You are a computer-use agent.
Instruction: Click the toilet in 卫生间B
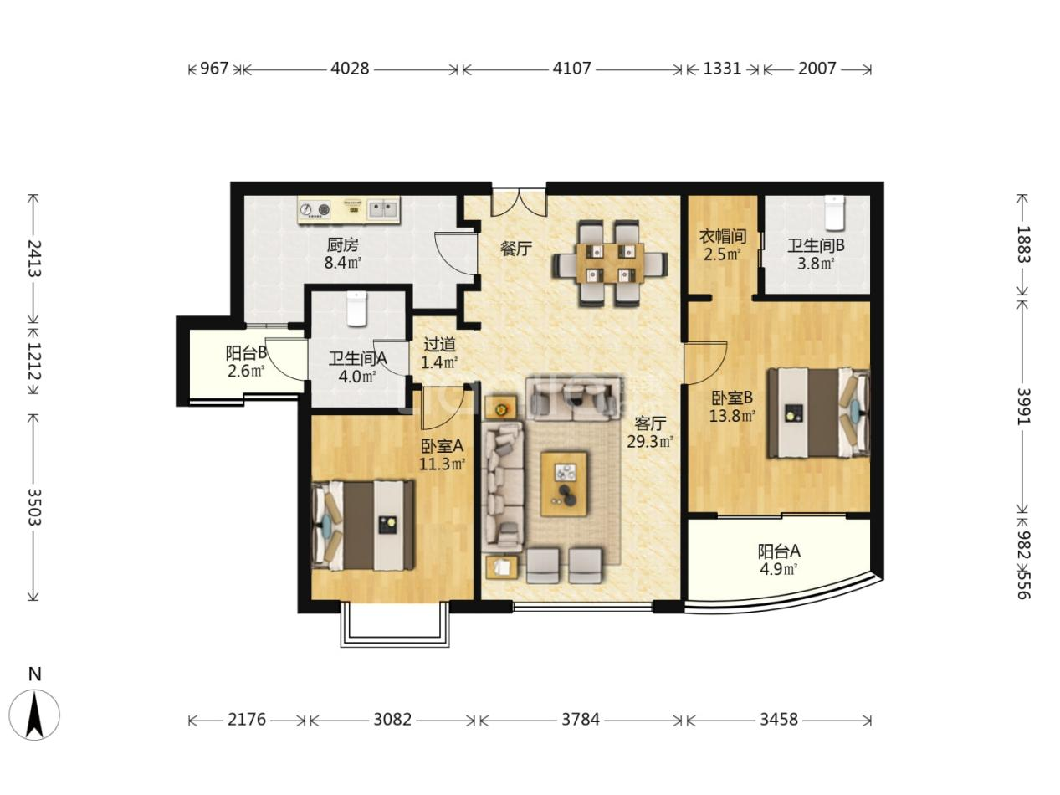coord(834,213)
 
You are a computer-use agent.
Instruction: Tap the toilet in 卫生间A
coord(356,308)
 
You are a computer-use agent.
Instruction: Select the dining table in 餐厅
coord(609,264)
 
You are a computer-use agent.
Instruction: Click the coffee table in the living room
coord(564,484)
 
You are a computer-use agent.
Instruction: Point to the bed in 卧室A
coord(363,525)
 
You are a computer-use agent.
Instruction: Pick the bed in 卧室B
coord(818,413)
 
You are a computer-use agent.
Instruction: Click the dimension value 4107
coord(571,69)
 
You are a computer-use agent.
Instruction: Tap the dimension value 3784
coord(581,733)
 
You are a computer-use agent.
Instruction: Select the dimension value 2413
coord(34,258)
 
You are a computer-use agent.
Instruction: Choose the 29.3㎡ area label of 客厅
coord(650,441)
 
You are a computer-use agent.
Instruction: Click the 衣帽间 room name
coord(723,236)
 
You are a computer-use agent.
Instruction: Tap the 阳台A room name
coord(779,551)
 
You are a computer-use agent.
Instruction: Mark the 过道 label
coord(439,344)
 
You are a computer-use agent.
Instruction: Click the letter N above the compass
coord(35,674)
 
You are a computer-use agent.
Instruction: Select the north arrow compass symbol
coord(34,715)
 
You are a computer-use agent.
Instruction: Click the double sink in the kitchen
coord(383,209)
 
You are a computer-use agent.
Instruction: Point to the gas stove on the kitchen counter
coord(315,209)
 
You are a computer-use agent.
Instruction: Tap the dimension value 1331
coord(722,69)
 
